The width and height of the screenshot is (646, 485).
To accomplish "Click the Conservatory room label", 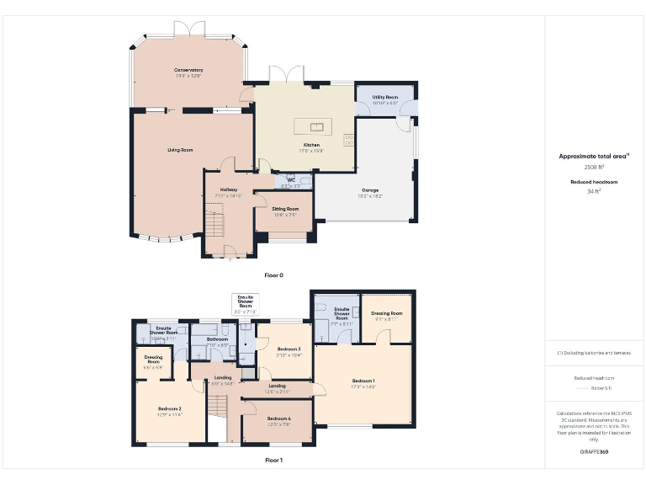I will tap(188, 70).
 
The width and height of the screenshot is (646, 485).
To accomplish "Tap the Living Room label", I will tap(180, 150).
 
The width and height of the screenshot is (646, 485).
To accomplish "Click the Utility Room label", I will tap(385, 97).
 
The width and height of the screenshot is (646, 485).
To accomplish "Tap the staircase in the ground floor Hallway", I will tap(217, 224).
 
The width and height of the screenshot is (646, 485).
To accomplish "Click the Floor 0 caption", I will tap(274, 275).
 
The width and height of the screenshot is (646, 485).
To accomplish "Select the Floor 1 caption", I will tap(274, 461).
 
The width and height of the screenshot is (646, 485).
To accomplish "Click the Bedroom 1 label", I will tap(363, 381).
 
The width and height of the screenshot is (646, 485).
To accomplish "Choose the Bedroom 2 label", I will tap(169, 409).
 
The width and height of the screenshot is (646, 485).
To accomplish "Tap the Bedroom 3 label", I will tap(289, 349).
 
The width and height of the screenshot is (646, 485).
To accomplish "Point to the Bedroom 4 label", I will tap(279, 418).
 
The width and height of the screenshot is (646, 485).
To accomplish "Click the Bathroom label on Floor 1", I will tap(216, 339).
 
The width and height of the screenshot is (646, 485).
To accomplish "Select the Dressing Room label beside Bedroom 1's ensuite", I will tap(386, 313).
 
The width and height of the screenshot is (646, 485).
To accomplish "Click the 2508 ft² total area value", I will tap(595, 168).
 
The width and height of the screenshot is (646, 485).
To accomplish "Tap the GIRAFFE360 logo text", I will tap(594, 452).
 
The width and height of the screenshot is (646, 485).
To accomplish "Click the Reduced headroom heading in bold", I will tap(595, 181).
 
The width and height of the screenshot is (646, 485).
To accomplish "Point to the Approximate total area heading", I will tap(595, 156).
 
